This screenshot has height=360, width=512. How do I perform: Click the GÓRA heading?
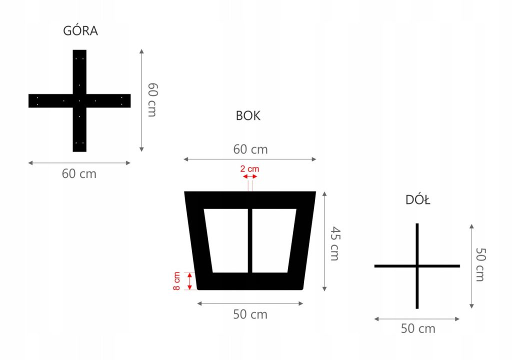[80, 31]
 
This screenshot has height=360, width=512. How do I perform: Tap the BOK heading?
[248, 116]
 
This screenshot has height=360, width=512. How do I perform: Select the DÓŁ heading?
[418, 200]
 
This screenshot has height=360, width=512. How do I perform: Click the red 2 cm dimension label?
[249, 169]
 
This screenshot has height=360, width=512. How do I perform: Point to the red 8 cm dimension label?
[177, 281]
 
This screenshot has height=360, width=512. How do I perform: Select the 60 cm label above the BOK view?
[250, 149]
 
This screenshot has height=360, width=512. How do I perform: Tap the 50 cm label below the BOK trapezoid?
[250, 314]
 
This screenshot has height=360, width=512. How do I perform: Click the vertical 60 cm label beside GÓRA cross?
[152, 99]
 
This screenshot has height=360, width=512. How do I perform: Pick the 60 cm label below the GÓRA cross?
[79, 174]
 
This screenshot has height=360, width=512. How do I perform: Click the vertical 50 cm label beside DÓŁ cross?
[480, 264]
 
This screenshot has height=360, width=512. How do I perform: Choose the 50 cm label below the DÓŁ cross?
[418, 328]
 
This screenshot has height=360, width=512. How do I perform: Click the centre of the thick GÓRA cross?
[79, 100]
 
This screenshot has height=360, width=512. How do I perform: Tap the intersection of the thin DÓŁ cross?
[417, 266]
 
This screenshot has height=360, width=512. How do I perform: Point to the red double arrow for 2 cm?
[249, 176]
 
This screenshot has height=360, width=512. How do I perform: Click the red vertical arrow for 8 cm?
[189, 281]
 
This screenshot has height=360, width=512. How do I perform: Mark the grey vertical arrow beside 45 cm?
[325, 240]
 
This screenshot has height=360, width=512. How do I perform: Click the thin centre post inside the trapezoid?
[250, 240]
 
